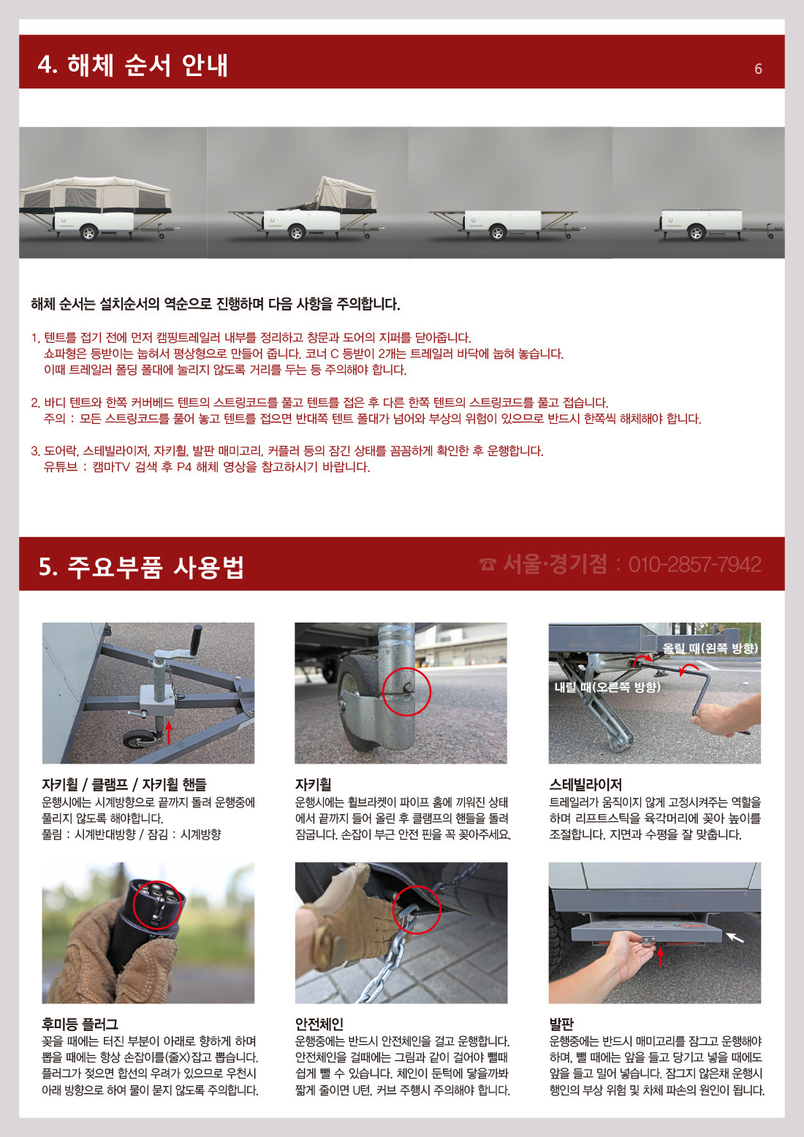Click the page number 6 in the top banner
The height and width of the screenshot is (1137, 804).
[x=758, y=69]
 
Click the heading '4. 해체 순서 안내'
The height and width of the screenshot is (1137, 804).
[x=133, y=66]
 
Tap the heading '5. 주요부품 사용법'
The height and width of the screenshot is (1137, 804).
[x=142, y=567]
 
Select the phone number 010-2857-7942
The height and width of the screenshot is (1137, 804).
[x=695, y=564]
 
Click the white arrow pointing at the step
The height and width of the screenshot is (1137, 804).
[x=735, y=937]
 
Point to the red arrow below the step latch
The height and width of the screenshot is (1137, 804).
[x=660, y=957]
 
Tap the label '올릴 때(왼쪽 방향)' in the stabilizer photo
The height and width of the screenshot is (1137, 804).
[x=710, y=648]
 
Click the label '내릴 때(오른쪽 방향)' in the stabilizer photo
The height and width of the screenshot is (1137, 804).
[x=607, y=688]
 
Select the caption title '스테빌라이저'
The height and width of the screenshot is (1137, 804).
[x=585, y=785]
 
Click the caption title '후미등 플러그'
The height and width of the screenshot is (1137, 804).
[x=80, y=1024]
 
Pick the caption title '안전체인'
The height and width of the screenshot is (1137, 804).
[x=319, y=1024]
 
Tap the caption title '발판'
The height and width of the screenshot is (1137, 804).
[x=561, y=1024]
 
